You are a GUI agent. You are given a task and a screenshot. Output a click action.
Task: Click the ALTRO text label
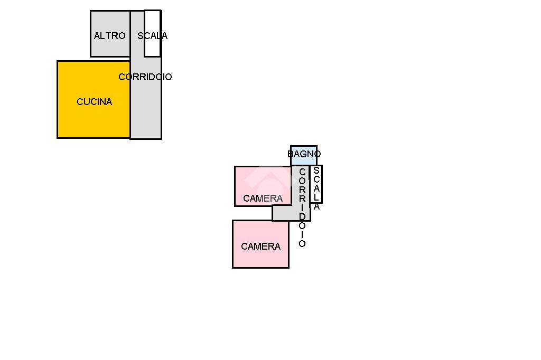[109, 36]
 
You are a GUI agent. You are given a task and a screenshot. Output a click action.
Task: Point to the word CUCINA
[94, 102]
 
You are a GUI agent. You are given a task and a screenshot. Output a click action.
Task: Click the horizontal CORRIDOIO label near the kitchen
[145, 77]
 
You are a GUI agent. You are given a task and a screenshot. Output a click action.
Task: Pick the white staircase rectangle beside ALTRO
[152, 48]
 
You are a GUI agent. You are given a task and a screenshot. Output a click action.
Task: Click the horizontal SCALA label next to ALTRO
[152, 36]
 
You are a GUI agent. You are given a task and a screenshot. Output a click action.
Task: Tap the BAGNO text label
[304, 154]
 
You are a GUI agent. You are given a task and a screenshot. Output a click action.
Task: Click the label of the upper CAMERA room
[263, 198]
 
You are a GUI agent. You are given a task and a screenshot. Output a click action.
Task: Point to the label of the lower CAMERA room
[260, 247]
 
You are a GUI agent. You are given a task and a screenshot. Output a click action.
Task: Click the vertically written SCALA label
[316, 188]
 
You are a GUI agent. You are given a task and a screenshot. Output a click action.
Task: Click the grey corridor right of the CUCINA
[146, 111]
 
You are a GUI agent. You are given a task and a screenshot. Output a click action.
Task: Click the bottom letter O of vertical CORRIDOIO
[302, 244]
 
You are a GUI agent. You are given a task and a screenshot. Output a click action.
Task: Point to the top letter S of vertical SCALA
[316, 170]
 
